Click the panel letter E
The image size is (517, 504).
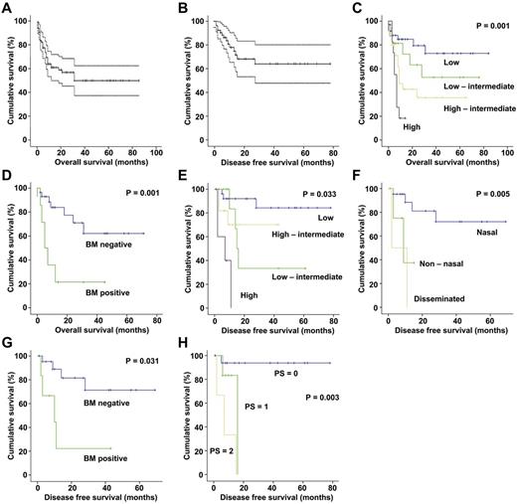[181, 176]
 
